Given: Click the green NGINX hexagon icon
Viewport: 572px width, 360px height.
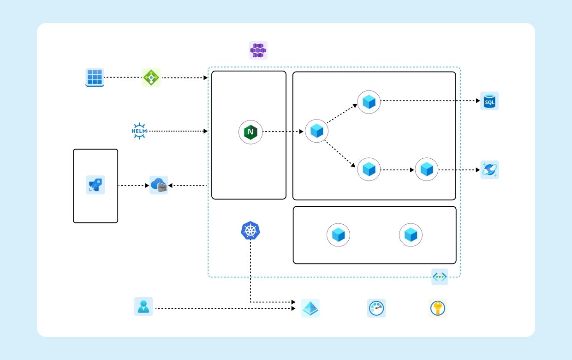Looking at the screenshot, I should click(x=250, y=132).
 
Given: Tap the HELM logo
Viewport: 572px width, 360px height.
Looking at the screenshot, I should click(x=139, y=131).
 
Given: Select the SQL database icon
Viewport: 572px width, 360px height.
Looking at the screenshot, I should click(x=489, y=101).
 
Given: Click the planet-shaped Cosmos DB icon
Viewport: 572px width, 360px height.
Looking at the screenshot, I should click(x=489, y=170).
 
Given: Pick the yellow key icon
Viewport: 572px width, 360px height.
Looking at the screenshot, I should click(x=438, y=308).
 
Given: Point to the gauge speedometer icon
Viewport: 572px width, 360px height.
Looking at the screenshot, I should click(x=376, y=308).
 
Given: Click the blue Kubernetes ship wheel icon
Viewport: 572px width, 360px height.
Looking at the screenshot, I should click(x=250, y=230).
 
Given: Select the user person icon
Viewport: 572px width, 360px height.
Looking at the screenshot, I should click(x=143, y=306).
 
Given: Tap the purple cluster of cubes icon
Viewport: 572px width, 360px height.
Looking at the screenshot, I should click(x=258, y=50).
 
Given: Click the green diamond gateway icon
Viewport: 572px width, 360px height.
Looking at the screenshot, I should click(x=151, y=78).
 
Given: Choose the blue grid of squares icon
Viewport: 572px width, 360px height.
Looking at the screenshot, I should click(x=95, y=78).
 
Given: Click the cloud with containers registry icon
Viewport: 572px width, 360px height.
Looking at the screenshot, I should click(x=159, y=185).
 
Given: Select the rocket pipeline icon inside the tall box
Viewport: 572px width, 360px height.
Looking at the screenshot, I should click(x=95, y=185).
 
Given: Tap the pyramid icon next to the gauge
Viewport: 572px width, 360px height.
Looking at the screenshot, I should click(x=310, y=308).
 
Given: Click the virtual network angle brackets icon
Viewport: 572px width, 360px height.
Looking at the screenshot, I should click(x=440, y=277).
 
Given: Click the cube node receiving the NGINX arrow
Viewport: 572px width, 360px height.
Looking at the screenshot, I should click(x=316, y=131).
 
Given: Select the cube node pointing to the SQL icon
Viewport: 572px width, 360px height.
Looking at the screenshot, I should click(x=369, y=102).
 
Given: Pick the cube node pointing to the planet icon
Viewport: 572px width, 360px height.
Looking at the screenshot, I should click(x=427, y=169).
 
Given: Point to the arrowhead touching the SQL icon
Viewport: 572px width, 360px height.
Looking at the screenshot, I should click(x=477, y=101).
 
